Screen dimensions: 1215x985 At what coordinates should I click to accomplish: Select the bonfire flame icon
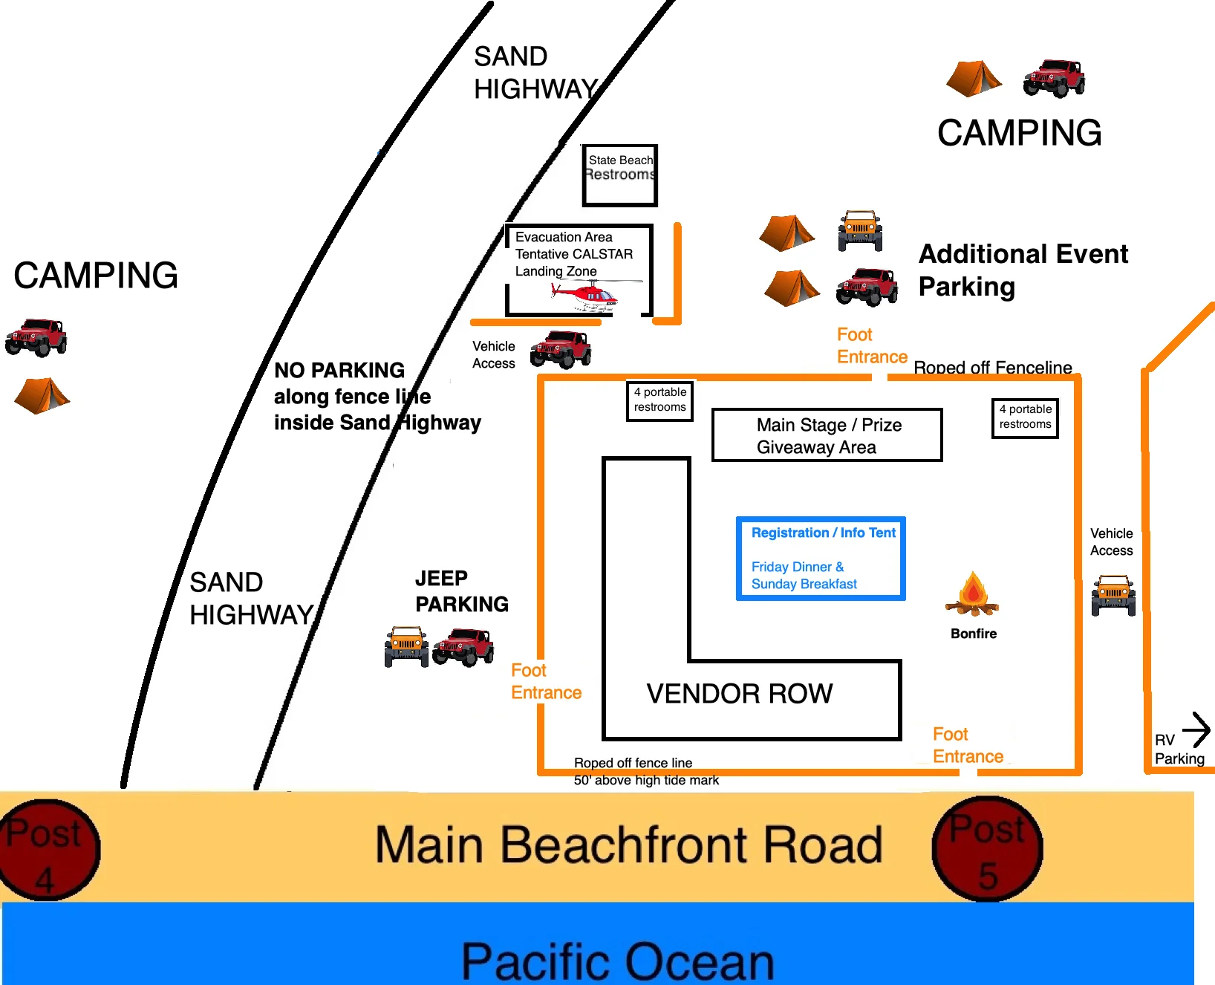[x=972, y=594]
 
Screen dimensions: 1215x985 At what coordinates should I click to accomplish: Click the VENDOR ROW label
[x=740, y=694]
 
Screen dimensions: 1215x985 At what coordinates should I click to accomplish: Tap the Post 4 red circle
[x=47, y=850]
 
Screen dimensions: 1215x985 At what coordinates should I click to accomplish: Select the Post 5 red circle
[x=988, y=848]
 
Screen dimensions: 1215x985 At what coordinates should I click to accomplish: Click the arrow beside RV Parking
[x=1196, y=729]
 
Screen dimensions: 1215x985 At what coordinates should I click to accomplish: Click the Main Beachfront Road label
[x=628, y=845]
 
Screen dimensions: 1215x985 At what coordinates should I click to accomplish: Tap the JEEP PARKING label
[x=462, y=591]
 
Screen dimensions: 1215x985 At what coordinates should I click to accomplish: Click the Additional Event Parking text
[x=1023, y=270]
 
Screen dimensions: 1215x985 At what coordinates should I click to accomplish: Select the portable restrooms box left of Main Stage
[x=660, y=401]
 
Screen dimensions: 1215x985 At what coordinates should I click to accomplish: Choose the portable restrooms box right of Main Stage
[x=1025, y=418]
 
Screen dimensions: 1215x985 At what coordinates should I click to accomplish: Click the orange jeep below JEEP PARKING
[x=406, y=646]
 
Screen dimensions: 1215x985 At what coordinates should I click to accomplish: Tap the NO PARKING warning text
[x=377, y=397]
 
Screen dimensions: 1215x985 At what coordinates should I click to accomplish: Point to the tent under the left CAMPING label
[x=42, y=395]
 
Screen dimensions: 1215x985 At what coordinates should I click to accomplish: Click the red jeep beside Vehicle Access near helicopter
[x=561, y=349]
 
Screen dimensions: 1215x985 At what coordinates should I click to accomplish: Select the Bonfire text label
[x=974, y=634]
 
